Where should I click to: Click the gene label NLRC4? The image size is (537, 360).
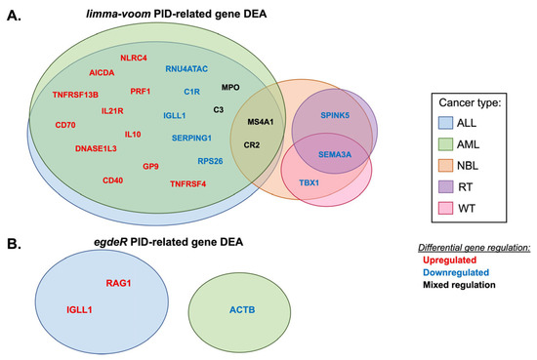click(x=133, y=58)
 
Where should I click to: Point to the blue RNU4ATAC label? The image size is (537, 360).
click(x=186, y=69)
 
